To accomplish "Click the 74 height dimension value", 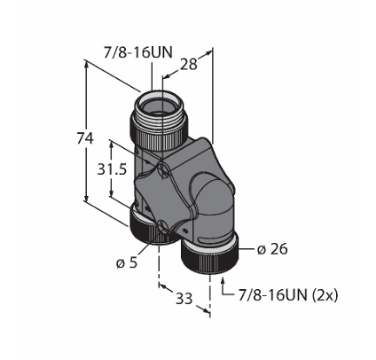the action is [x=85, y=138].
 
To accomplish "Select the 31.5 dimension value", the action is [x=112, y=169].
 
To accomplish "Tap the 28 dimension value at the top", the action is [x=189, y=64].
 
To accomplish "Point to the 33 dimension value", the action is [x=184, y=299].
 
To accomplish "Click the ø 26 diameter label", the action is [x=272, y=249].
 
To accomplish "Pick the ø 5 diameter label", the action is [x=127, y=262].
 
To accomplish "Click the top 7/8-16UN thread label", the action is [x=137, y=52].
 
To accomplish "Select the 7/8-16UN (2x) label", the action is [x=288, y=295].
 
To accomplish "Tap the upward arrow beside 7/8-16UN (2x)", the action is [x=223, y=286].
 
